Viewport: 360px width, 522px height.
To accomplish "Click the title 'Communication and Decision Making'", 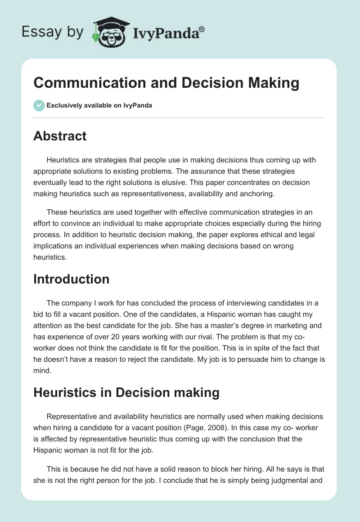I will pyautogui.click(x=166, y=83).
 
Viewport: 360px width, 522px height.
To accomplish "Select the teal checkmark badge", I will pyautogui.click(x=39, y=105).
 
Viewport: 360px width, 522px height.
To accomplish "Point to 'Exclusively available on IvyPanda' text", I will pyautogui.click(x=99, y=106).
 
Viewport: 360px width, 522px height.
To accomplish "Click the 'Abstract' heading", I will pyautogui.click(x=60, y=136).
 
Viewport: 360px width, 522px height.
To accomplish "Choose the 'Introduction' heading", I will pyautogui.click(x=71, y=279).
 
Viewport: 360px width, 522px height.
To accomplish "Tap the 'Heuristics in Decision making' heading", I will pyautogui.click(x=126, y=392).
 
